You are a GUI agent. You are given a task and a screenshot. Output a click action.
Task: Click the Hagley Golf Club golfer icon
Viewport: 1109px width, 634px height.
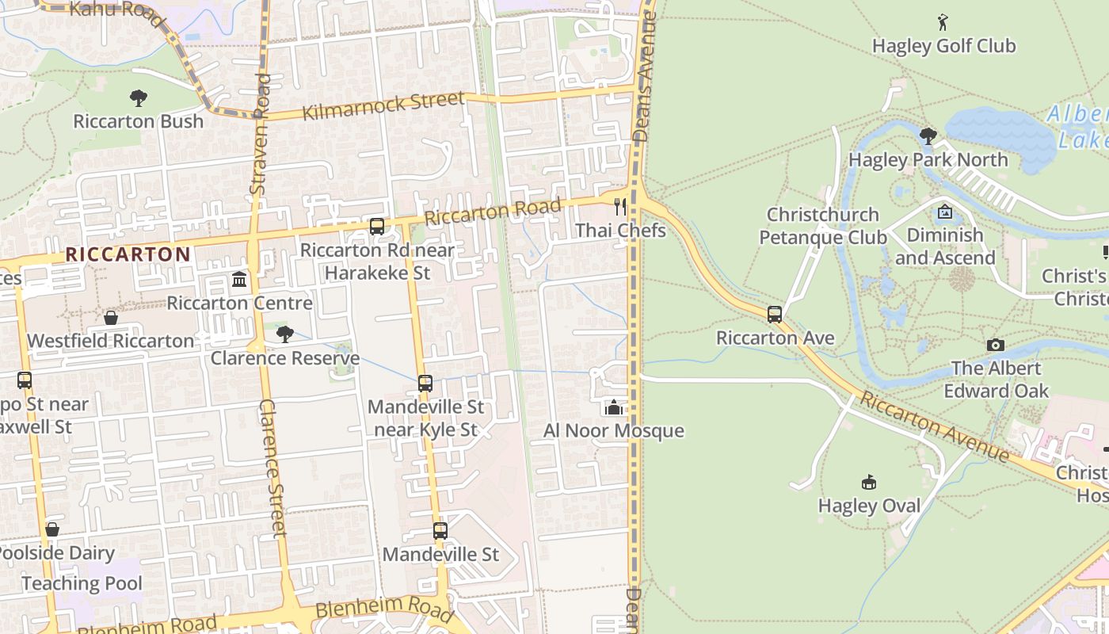943,21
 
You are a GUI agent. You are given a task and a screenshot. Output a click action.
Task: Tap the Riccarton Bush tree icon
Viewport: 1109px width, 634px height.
139,98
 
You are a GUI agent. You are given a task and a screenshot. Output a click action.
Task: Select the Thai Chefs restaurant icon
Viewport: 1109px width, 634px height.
620,207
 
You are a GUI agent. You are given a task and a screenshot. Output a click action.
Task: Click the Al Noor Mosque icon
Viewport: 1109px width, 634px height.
613,407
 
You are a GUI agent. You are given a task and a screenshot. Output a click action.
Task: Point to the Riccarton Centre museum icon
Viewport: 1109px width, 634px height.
239,280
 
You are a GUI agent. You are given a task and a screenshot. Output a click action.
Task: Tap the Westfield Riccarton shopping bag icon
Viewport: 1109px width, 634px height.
111,318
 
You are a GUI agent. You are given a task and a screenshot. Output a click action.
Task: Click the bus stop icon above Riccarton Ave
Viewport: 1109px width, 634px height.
775,314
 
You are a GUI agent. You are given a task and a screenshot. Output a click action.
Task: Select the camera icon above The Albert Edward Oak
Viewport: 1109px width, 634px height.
996,345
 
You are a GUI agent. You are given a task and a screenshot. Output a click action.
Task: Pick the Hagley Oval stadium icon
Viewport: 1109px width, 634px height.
869,482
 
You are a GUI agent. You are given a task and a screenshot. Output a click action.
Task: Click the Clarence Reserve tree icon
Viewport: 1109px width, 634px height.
285,334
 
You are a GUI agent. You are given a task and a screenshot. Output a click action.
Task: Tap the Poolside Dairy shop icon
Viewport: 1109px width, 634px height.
52,529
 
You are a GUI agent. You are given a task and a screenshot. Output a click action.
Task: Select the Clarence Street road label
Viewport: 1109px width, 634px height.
272,468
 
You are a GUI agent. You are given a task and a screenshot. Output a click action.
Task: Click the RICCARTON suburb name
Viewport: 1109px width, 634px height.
128,254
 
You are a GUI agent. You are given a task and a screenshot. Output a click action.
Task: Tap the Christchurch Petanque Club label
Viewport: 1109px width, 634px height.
823,226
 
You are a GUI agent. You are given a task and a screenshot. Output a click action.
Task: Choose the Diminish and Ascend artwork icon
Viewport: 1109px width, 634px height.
944,212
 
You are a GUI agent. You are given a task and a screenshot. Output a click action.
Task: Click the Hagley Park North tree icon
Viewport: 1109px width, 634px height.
928,136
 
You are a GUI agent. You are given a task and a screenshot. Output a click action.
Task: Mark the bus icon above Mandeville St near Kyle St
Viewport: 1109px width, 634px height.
425,384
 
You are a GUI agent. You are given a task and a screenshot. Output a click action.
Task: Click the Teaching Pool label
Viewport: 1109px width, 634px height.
82,584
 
